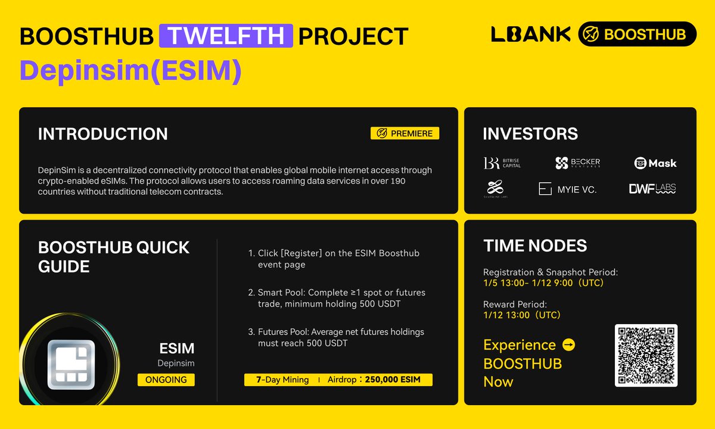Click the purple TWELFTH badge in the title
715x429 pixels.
226,36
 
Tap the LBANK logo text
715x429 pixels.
531,34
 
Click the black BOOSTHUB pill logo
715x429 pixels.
637,34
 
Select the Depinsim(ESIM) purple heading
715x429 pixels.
130,71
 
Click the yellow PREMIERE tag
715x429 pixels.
405,133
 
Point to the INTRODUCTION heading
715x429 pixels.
102,134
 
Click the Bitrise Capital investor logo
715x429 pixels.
502,163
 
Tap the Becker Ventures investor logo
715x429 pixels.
577,163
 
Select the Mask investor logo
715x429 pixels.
655,163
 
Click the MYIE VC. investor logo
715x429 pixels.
567,189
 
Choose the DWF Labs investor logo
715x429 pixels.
652,189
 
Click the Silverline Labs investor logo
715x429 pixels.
495,189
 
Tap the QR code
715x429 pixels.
646,356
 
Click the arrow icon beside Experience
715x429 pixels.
568,345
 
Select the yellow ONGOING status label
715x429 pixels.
166,380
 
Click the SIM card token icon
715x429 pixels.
71,365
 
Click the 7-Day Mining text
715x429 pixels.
282,380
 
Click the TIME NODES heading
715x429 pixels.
534,245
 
